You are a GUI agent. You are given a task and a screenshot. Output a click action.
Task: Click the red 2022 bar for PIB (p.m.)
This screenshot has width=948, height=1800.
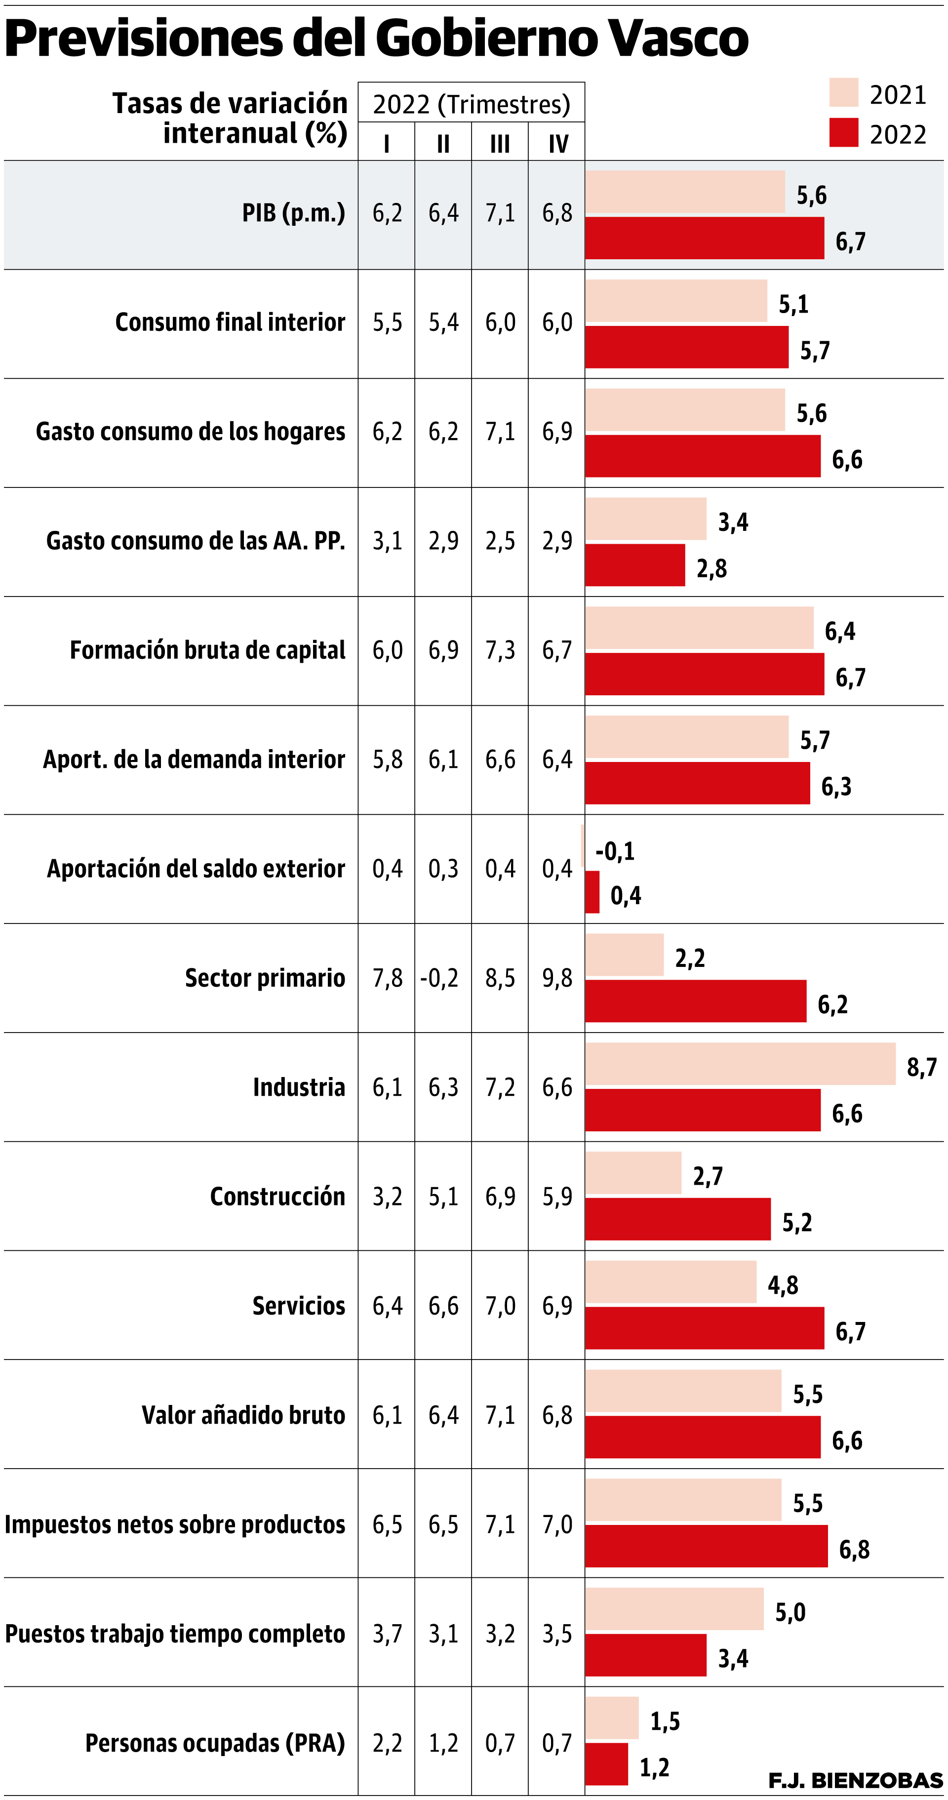point(704,239)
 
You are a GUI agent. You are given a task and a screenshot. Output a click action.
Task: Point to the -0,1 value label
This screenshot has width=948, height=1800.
point(615,851)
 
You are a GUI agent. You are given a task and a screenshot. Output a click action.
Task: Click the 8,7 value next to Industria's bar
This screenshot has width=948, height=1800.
point(921,1067)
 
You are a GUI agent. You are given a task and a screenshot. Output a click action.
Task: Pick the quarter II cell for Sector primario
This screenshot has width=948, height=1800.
point(440,978)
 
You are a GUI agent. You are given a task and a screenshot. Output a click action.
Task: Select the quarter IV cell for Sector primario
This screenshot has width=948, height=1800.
point(557,978)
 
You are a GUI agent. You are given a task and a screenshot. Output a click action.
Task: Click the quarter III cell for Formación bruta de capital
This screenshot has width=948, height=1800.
point(500,650)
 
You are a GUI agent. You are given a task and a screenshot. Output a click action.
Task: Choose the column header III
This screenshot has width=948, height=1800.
point(500,144)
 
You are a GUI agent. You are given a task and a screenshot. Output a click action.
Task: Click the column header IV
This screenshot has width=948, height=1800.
point(557,144)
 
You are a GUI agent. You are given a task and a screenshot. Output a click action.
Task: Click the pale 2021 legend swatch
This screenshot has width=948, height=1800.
point(843,92)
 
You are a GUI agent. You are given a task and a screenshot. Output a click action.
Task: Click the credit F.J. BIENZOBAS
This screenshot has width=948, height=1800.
point(855,1780)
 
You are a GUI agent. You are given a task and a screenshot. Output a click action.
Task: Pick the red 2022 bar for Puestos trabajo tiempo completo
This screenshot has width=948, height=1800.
point(645,1655)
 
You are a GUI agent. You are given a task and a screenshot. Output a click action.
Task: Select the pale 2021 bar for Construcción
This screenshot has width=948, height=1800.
point(633,1172)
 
